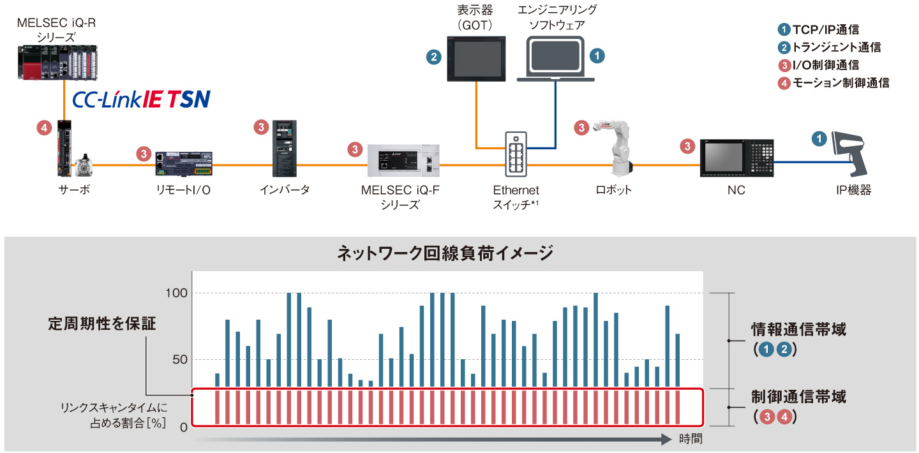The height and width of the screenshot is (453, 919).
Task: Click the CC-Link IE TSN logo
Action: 141,100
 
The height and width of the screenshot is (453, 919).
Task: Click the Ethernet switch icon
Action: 516,154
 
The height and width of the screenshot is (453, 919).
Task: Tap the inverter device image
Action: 283,149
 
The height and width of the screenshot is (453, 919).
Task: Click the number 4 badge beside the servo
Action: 43,128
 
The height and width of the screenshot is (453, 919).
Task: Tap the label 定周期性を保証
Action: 102,323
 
